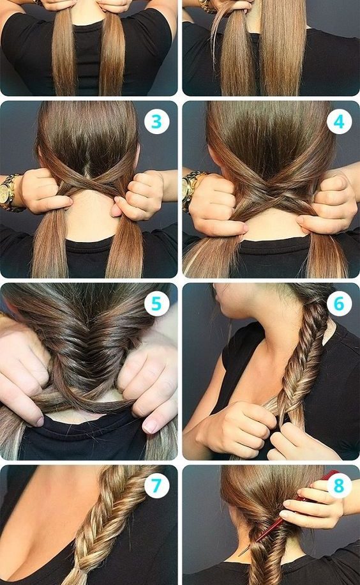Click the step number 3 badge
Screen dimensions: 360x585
156,121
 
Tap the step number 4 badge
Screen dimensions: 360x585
339,121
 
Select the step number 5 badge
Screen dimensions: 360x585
156,304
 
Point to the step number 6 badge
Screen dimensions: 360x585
339,304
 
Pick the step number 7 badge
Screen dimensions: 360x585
156,486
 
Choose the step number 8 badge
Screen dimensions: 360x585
339,486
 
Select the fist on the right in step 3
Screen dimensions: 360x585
140,195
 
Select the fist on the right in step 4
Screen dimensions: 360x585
327,203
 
